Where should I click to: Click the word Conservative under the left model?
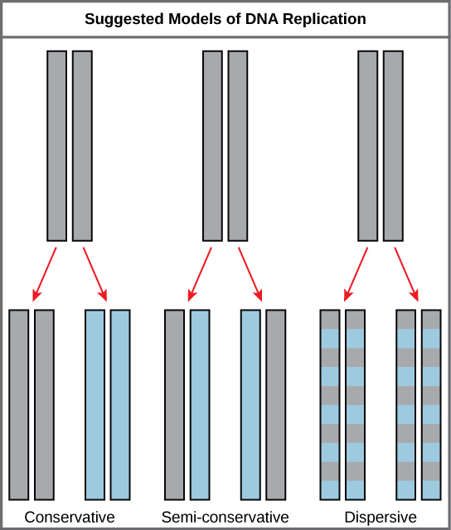[x=70, y=518]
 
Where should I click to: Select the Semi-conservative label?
[x=225, y=518]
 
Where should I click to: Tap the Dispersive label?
[x=380, y=518]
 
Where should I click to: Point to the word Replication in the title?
[x=326, y=18]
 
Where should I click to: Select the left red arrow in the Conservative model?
[x=44, y=272]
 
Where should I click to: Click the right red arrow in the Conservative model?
[x=95, y=272]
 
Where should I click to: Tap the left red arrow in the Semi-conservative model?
[x=200, y=272]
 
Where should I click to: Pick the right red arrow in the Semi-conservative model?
[x=250, y=272]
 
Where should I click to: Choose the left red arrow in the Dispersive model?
[x=355, y=272]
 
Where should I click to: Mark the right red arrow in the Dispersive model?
[x=405, y=272]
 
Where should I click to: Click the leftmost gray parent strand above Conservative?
[x=56, y=145]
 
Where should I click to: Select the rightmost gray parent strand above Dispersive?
[x=392, y=145]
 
